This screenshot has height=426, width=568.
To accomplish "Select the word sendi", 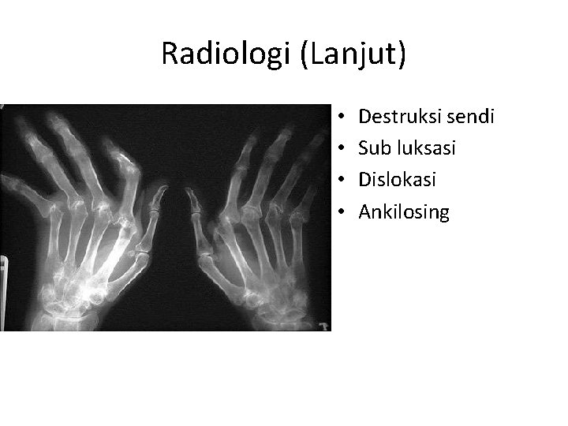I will (472, 118).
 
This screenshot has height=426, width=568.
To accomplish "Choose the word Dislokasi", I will (398, 180).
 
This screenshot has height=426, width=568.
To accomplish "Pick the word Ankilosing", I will (404, 211).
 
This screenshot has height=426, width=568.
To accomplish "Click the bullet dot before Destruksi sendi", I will (339, 118).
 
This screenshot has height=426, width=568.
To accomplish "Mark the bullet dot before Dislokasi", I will (339, 181).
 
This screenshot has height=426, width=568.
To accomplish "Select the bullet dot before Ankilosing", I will (339, 212).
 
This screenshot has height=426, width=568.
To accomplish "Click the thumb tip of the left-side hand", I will (162, 189).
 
